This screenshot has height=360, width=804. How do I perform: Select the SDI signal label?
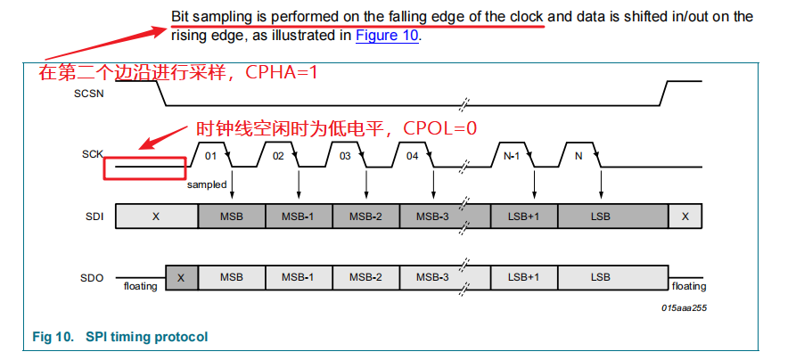pyautogui.click(x=92, y=217)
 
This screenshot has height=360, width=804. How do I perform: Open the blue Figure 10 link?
pyautogui.click(x=387, y=37)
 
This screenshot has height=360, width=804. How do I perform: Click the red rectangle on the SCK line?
pyautogui.click(x=144, y=168)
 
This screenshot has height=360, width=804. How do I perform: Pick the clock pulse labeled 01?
pyautogui.click(x=211, y=155)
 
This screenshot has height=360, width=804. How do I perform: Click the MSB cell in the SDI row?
pyautogui.click(x=231, y=217)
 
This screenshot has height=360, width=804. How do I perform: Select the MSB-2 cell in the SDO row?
pyautogui.click(x=365, y=277)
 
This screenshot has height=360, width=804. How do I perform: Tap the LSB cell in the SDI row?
pyautogui.click(x=601, y=217)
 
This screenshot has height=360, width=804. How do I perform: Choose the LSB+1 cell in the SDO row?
pyautogui.click(x=523, y=277)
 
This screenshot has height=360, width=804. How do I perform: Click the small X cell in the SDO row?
pyautogui.click(x=181, y=277)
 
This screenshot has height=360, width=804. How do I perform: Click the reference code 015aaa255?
pyautogui.click(x=685, y=307)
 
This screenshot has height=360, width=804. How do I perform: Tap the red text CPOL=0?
pyautogui.click(x=440, y=128)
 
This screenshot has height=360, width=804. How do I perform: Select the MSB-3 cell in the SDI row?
pyautogui.click(x=431, y=217)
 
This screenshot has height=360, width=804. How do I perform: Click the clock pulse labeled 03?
pyautogui.click(x=345, y=155)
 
